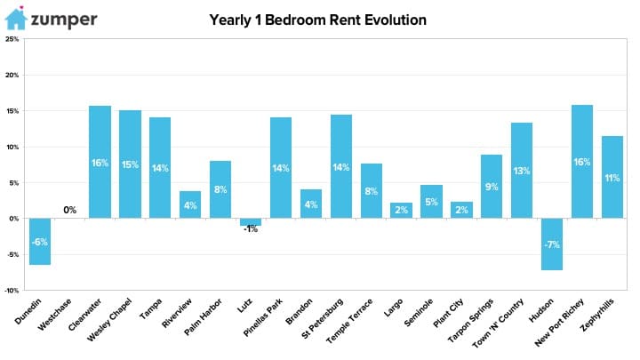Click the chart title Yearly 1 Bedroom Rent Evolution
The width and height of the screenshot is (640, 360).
317,20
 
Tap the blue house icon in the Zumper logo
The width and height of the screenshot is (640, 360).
16,19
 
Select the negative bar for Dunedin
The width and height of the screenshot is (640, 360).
40,242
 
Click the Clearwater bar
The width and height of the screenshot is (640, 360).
100,162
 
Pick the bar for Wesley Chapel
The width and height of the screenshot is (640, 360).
130,164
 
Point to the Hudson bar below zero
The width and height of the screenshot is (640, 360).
552,244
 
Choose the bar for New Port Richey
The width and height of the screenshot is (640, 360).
582,162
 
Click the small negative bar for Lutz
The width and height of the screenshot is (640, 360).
251,222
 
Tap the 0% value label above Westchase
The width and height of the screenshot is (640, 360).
70,210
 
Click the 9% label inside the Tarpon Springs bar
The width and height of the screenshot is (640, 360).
492,187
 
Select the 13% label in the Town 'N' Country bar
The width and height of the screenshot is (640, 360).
522,171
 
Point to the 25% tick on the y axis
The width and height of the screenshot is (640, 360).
12,39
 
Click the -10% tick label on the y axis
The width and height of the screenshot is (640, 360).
12,291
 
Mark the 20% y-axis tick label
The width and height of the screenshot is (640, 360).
12,75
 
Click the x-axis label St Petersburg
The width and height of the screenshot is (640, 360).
322,319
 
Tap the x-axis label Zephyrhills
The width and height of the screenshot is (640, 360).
596,315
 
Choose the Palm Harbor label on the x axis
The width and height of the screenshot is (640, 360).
203,317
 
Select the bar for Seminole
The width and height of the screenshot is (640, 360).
431,202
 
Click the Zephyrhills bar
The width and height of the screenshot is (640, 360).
612,177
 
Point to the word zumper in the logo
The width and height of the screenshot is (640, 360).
64,20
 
